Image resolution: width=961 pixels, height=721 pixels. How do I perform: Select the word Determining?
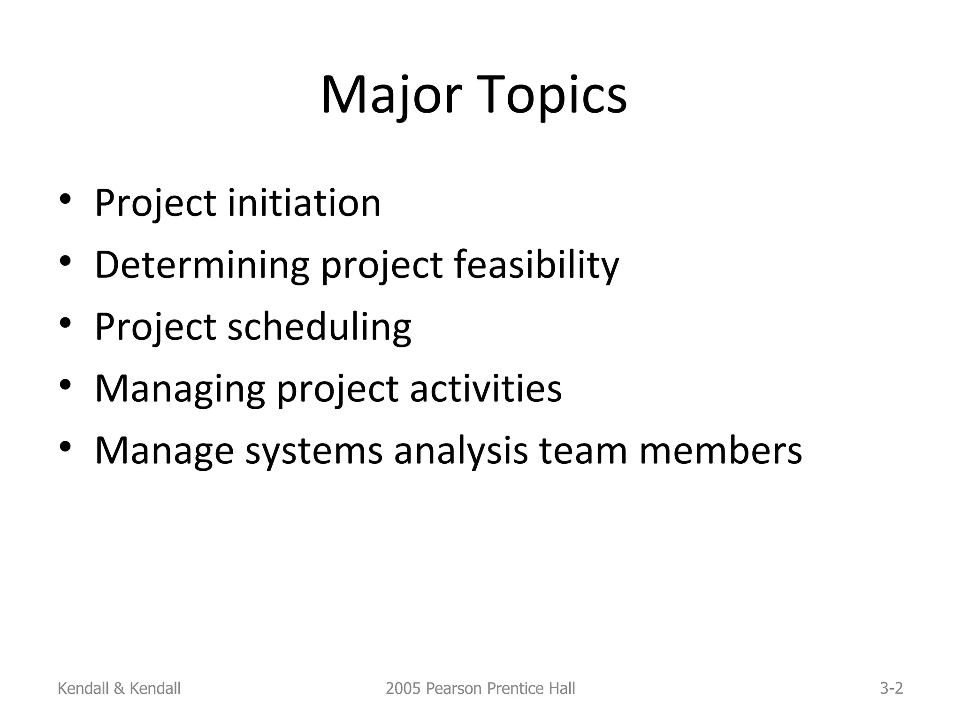202,265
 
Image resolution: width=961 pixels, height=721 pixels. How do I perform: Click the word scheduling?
320,327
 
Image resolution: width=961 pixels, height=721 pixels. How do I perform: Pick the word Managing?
180,389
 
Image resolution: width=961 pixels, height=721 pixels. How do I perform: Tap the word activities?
485,389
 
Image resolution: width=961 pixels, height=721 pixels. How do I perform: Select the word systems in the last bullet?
313,451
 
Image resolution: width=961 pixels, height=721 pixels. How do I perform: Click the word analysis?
461,451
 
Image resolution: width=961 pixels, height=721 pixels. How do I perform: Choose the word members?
721,451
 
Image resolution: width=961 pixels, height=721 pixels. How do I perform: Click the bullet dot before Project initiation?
65,199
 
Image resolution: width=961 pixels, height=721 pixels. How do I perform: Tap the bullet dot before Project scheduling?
65,322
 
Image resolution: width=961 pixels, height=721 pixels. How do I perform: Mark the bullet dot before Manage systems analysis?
65,446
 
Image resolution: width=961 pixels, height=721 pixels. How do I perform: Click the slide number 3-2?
891,688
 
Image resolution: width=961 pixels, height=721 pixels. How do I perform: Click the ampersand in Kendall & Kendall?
119,688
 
